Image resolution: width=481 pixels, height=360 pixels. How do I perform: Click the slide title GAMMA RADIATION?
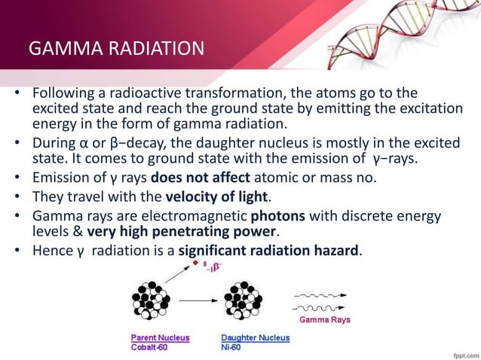pyautogui.click(x=115, y=50)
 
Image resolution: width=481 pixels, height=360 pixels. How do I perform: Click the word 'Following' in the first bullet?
pyautogui.click(x=61, y=93)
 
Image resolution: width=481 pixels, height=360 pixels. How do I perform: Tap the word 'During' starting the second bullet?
pyautogui.click(x=51, y=143)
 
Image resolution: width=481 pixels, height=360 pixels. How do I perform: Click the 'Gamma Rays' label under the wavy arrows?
pyautogui.click(x=325, y=319)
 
